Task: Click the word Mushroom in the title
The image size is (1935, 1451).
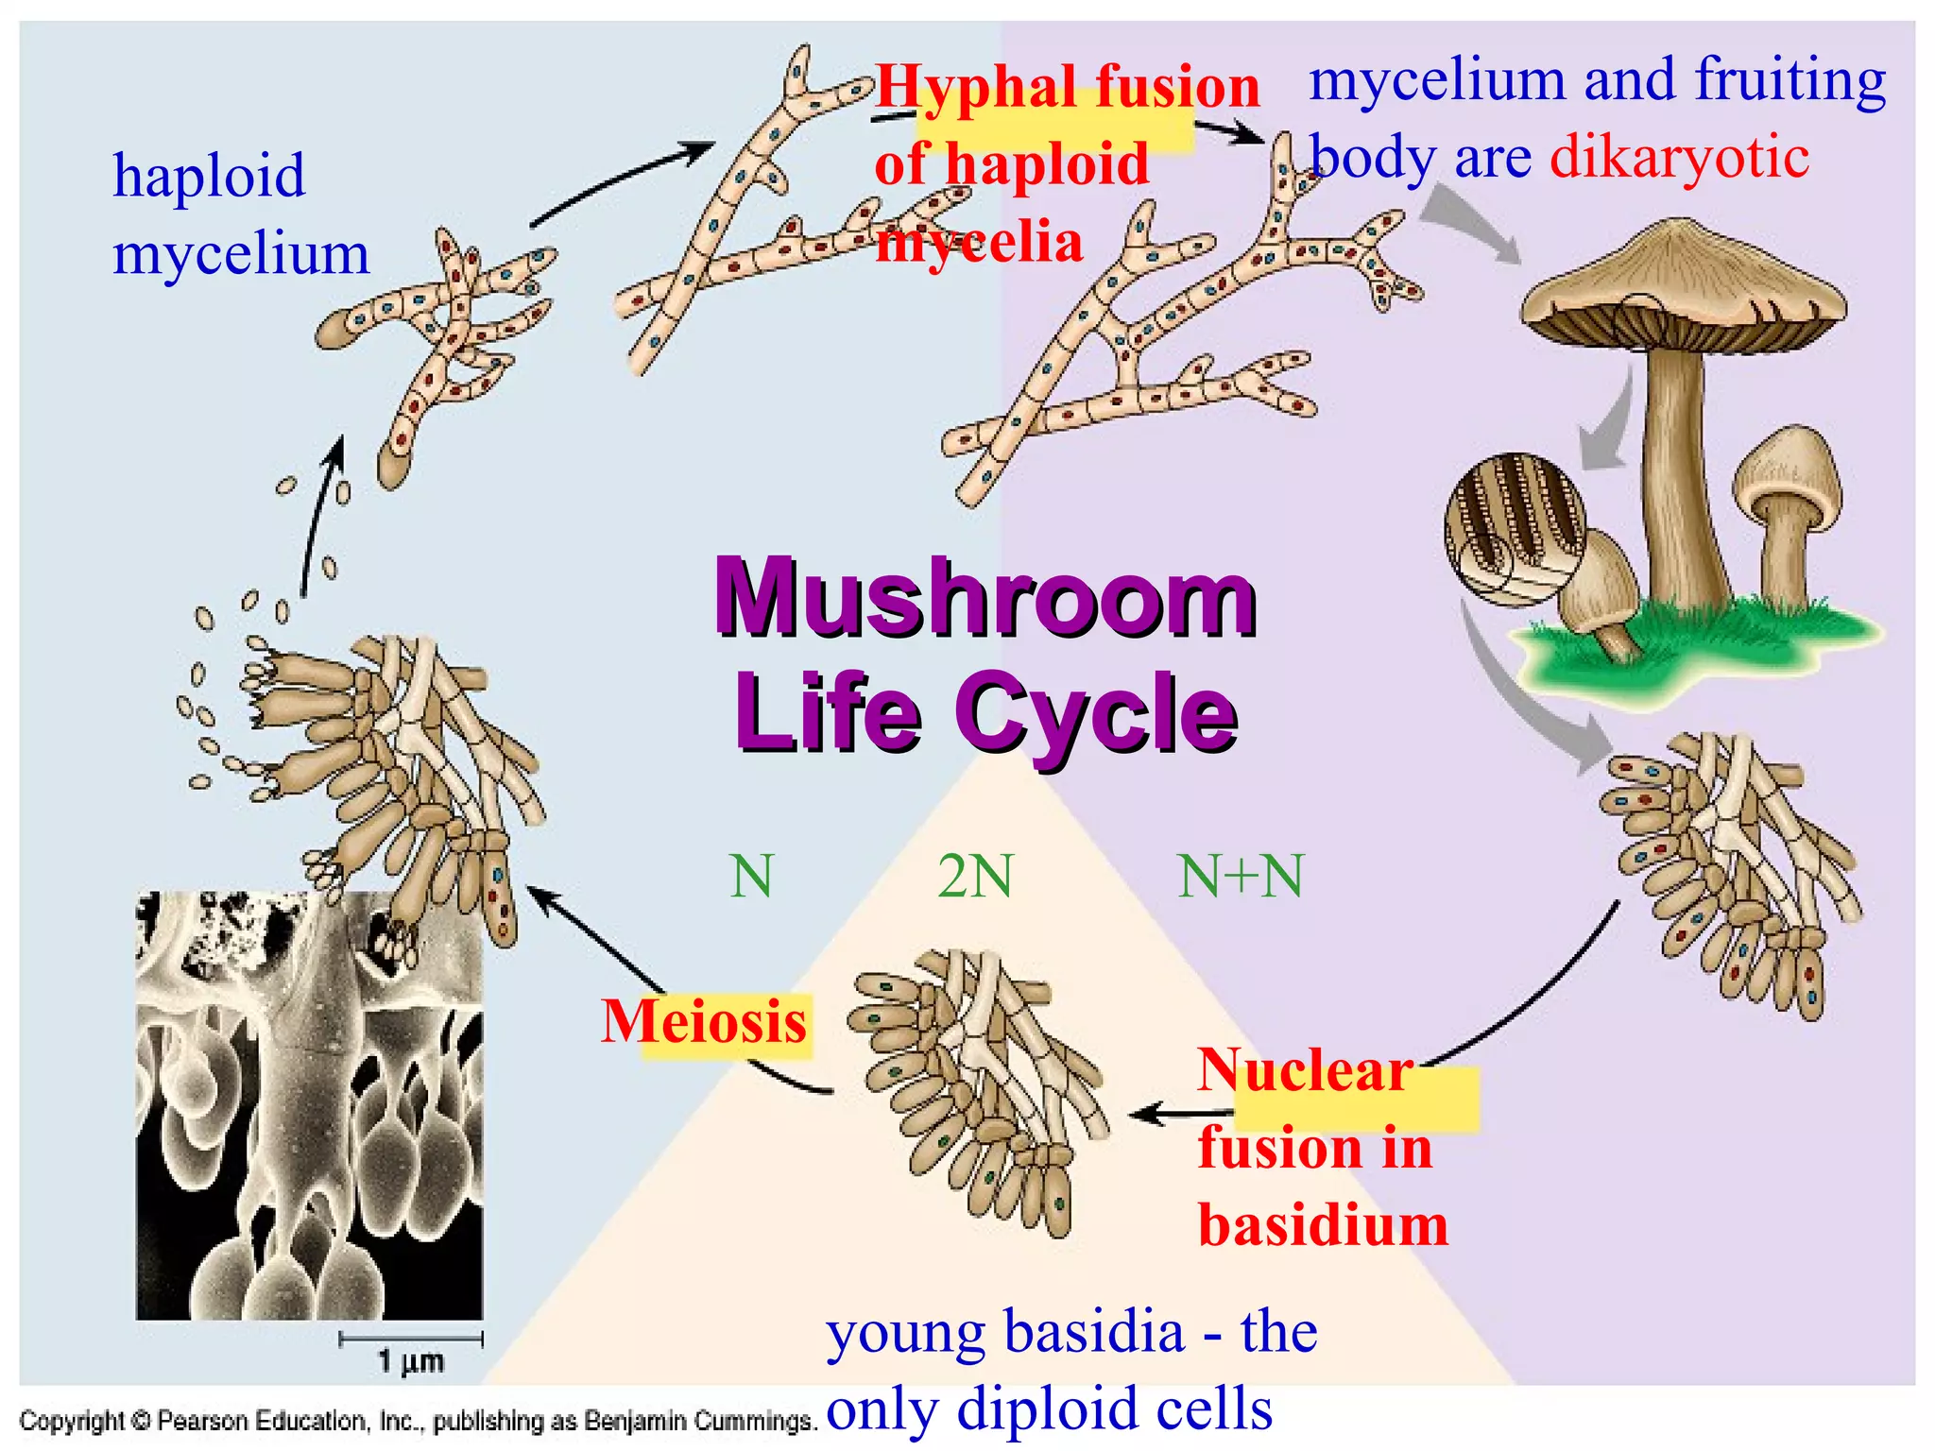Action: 985,598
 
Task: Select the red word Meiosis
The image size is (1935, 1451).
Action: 705,1022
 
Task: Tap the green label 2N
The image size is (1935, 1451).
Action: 975,877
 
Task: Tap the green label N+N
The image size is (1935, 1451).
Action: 1241,877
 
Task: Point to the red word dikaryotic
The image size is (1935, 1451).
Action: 1679,157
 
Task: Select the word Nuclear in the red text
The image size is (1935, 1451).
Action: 1305,1071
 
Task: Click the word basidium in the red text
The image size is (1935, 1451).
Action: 1323,1226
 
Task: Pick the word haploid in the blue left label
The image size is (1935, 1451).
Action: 209,176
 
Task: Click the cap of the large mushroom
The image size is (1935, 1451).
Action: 1682,283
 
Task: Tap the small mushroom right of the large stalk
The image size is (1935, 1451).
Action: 1786,510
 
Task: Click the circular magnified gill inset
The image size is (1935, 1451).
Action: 1515,529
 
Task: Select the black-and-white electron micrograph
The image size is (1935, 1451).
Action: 309,1105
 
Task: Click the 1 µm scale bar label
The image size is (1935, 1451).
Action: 411,1361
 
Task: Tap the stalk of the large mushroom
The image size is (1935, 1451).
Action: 1682,472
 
